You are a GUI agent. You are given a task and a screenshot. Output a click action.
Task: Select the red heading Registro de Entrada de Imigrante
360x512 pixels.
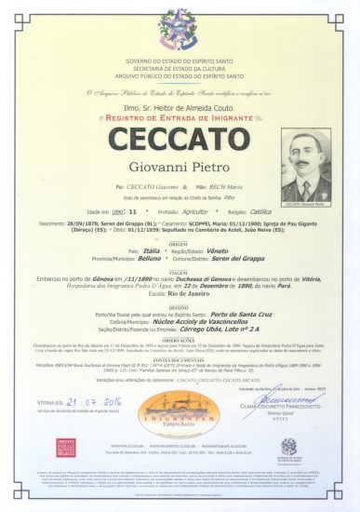tap(180, 120)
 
